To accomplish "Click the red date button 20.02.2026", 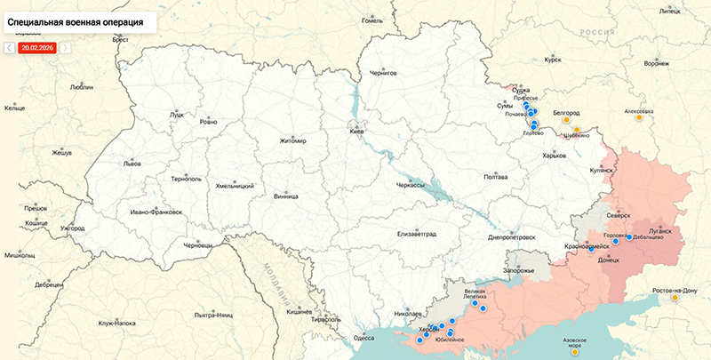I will [37, 47].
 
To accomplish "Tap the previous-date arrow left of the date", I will [10, 47].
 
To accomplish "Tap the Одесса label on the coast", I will [363, 337].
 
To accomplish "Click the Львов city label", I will [132, 164].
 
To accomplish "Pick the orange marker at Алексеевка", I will [639, 117].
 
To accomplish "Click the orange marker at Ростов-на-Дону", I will [675, 298].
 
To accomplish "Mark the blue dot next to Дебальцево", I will [629, 238].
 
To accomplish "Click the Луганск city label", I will [669, 228].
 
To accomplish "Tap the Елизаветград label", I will [418, 234].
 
